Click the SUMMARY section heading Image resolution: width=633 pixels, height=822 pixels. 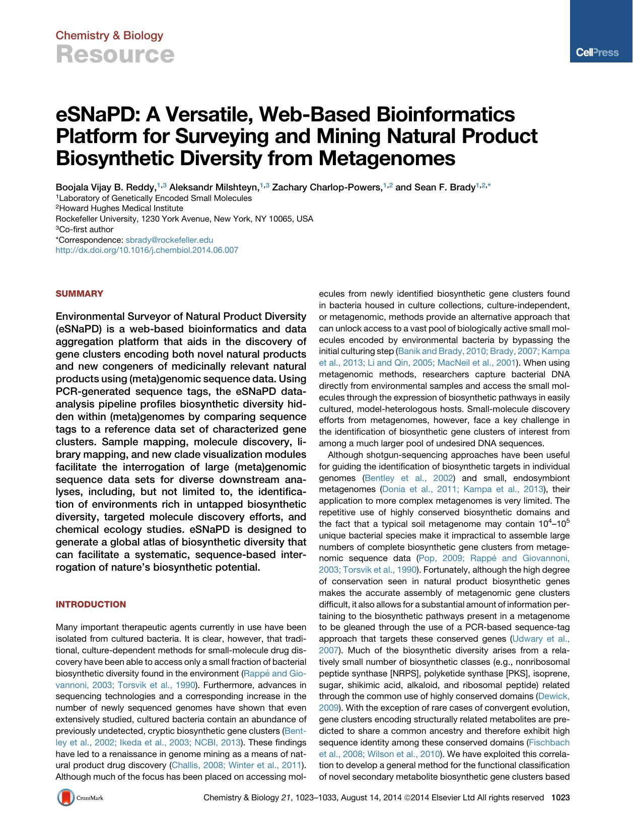(x=79, y=294)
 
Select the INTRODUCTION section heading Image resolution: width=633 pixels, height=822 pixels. (x=91, y=604)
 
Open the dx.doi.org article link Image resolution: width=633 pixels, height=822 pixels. (x=147, y=250)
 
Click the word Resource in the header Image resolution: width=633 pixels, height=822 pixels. (x=115, y=54)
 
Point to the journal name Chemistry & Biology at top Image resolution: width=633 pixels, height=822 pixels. (x=109, y=35)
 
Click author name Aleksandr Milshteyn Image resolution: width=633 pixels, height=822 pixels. (x=214, y=188)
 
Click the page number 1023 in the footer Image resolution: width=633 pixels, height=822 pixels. (x=560, y=797)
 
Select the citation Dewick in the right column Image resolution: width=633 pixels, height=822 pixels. (x=553, y=697)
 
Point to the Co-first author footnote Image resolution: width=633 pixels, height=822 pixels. (x=86, y=229)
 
